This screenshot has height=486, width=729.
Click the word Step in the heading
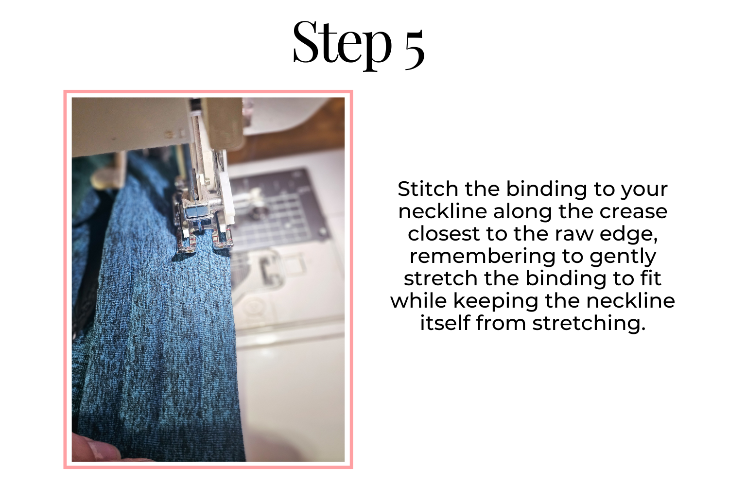pyautogui.click(x=342, y=45)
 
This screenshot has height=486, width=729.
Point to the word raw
pyautogui.click(x=574, y=234)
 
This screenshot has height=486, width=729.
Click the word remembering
pyautogui.click(x=482, y=256)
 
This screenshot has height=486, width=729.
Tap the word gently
pyautogui.click(x=623, y=257)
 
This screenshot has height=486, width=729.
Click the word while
pyautogui.click(x=418, y=300)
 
